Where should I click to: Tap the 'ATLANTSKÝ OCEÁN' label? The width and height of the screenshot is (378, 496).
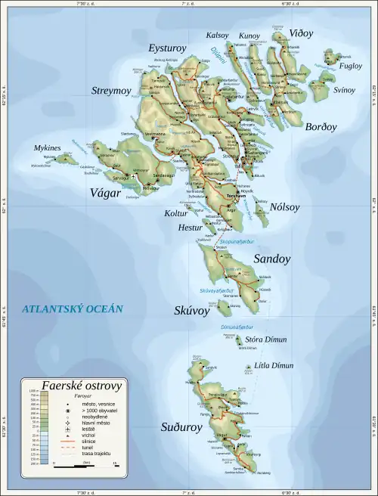(x=72, y=309)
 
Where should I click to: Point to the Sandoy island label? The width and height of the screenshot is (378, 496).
(x=271, y=259)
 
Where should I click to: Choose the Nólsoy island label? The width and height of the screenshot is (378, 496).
(x=284, y=206)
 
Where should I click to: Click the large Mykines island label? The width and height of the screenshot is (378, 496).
(x=48, y=148)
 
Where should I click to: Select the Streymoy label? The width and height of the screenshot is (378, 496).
(x=111, y=91)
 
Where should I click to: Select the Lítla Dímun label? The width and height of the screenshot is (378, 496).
(x=276, y=366)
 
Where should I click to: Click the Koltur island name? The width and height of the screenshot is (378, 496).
(x=175, y=214)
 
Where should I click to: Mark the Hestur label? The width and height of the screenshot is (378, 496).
(x=191, y=227)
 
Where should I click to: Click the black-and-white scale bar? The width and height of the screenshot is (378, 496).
(x=83, y=466)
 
